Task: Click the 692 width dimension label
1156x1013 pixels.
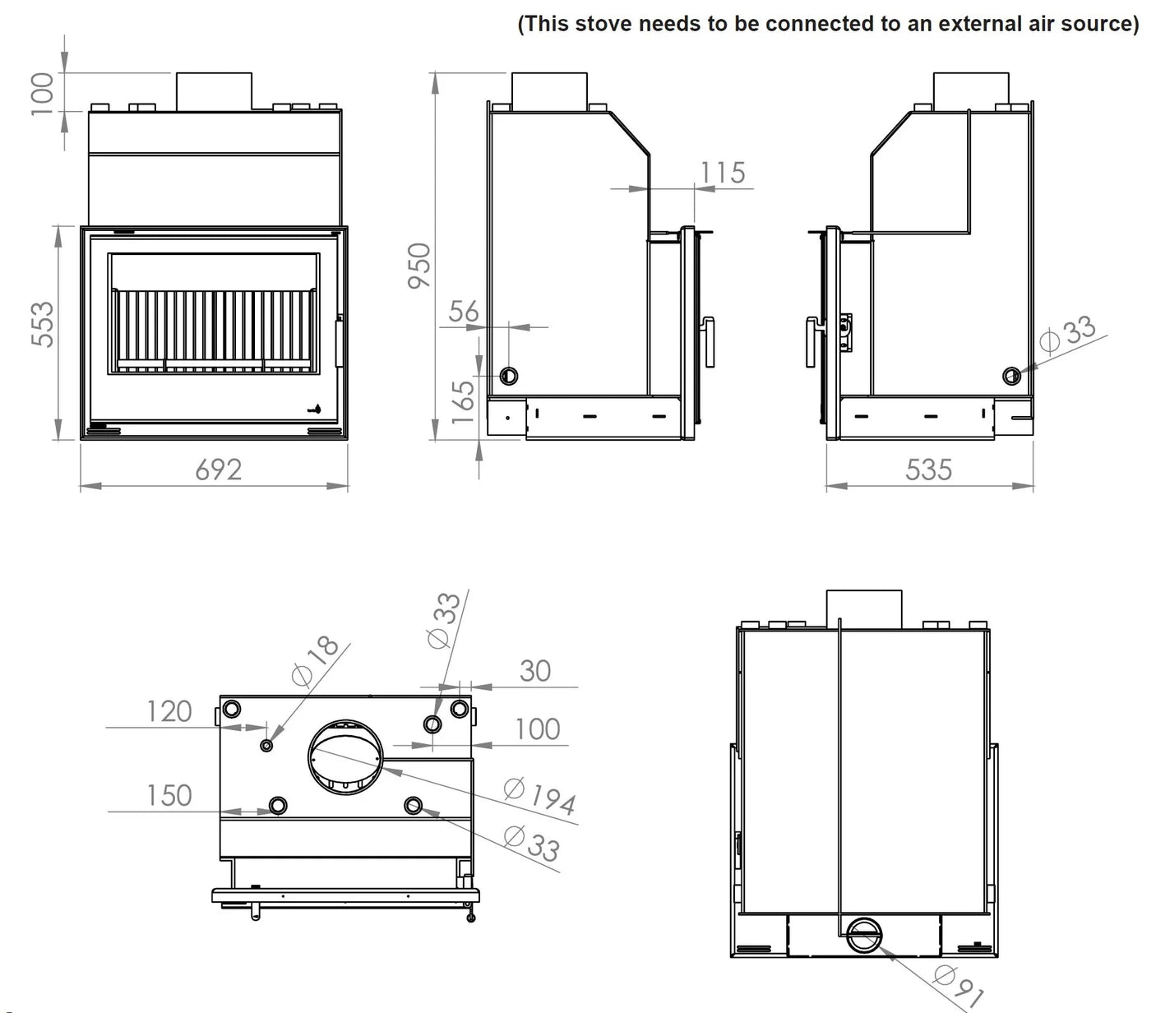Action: tap(218, 469)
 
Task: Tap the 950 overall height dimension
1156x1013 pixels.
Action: tap(418, 265)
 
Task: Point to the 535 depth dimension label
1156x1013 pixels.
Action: tap(928, 470)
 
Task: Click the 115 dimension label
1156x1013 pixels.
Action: tap(723, 173)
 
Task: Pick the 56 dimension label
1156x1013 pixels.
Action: tap(464, 312)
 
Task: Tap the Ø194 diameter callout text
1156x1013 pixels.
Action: tap(539, 796)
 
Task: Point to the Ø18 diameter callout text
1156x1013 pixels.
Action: tap(316, 660)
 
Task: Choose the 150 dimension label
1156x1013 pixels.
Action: tap(169, 796)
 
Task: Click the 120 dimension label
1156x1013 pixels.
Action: tap(169, 711)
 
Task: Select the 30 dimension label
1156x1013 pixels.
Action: tap(534, 671)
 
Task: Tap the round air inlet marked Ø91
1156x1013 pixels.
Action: tap(863, 935)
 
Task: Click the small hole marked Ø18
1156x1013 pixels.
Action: tap(266, 745)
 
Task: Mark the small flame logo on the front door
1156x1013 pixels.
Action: tap(315, 409)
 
